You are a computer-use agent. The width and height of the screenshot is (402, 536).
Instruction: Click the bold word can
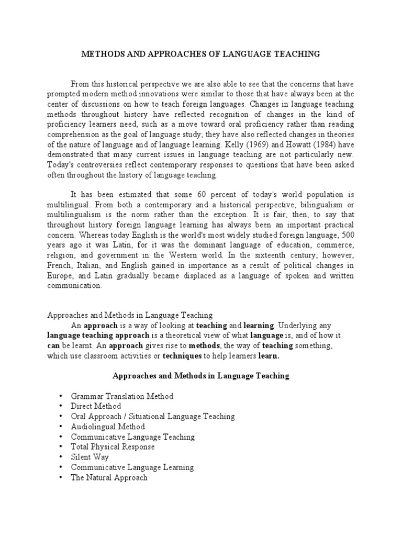click(54, 346)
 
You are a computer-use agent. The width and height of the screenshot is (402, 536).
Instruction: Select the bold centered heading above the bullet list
click(201, 376)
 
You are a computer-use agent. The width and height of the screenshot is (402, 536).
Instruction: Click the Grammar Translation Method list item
click(122, 396)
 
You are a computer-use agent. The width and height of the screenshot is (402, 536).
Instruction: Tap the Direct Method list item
click(96, 406)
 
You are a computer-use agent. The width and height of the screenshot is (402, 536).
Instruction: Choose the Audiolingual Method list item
click(108, 427)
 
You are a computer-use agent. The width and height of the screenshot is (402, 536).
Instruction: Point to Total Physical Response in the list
click(113, 447)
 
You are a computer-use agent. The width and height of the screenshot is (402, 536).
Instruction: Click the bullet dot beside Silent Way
click(61, 457)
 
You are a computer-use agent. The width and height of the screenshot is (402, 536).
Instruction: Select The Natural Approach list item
click(109, 477)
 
